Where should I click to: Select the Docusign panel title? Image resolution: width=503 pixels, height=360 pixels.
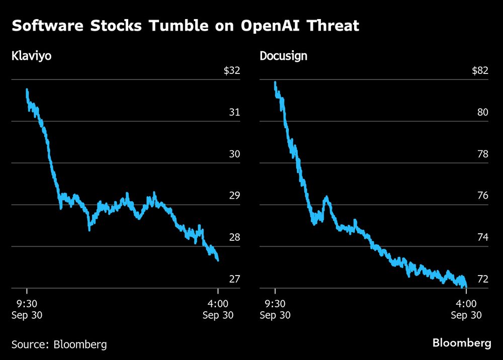[283, 55]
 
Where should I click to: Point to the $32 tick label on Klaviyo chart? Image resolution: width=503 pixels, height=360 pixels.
[232, 70]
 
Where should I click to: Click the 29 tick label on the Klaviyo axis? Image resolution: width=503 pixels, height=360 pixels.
[234, 196]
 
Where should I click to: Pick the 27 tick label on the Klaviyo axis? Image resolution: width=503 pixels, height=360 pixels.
[234, 279]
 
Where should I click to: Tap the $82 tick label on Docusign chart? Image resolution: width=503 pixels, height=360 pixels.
[480, 70]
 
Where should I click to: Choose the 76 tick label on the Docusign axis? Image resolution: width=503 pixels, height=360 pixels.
[483, 196]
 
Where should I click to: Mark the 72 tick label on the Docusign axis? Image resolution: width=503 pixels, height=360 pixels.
[483, 279]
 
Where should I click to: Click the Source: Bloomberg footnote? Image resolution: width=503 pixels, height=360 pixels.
[59, 344]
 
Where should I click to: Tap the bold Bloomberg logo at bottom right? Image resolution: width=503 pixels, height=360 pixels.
[462, 343]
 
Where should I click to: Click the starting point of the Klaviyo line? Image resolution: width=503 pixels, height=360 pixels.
[27, 89]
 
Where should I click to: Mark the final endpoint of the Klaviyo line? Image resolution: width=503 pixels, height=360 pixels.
[218, 260]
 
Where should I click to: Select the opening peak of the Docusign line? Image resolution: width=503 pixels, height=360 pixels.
[275, 82]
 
